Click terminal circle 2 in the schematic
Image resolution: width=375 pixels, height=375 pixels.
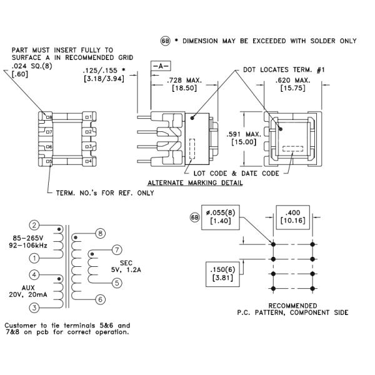tap(35, 226)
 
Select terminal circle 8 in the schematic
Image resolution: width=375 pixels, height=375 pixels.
tap(101, 233)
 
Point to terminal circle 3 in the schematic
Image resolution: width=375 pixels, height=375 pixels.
tap(35, 307)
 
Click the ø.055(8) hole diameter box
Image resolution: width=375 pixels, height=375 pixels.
tap(220, 217)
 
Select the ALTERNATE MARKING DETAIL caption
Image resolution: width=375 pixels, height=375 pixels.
tap(194, 182)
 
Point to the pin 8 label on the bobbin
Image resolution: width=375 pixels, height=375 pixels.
tap(49, 116)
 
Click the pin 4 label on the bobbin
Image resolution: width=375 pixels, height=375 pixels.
tap(89, 161)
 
